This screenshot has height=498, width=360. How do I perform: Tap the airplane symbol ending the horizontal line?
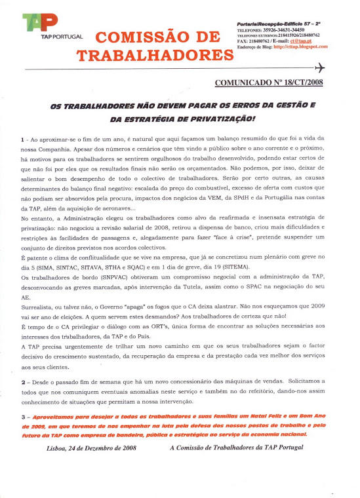coord(320,68)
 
